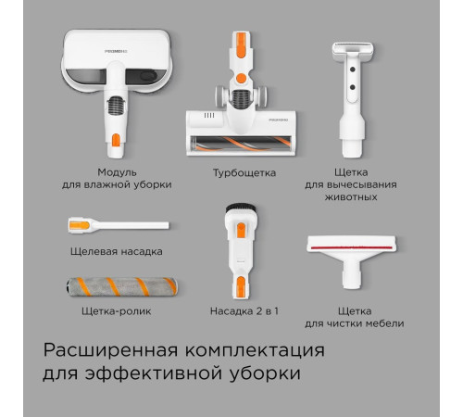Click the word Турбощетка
244,172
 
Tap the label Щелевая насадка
117,251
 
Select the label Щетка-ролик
117,311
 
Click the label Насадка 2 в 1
244,311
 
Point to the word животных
351,197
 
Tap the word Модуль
117,172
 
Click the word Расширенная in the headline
110,351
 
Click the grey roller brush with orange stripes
122,287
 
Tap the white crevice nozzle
119,225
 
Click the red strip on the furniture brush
352,247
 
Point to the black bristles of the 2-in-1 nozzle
241,208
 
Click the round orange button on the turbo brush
241,78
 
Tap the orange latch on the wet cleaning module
116,140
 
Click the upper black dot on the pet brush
353,69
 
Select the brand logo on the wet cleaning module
116,51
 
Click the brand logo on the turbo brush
278,120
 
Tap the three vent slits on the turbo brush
209,116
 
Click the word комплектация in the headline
255,351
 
